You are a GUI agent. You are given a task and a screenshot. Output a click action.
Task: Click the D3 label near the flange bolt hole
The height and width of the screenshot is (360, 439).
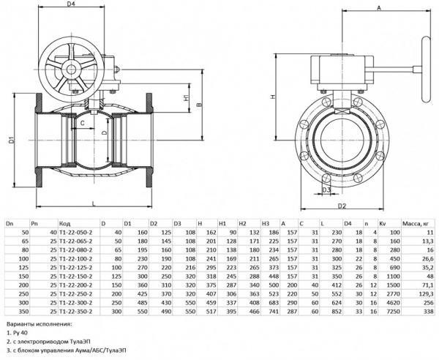pos(326,190)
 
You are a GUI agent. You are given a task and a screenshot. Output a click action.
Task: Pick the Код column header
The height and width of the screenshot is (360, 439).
pos(64,222)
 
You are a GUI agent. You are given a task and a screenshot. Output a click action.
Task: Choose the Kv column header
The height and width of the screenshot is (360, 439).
pos(381,222)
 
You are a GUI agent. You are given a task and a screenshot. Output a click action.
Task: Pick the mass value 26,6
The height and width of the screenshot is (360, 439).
pos(426,258)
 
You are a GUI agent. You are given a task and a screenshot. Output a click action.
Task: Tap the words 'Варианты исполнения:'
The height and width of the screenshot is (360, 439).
pos(38,323)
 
